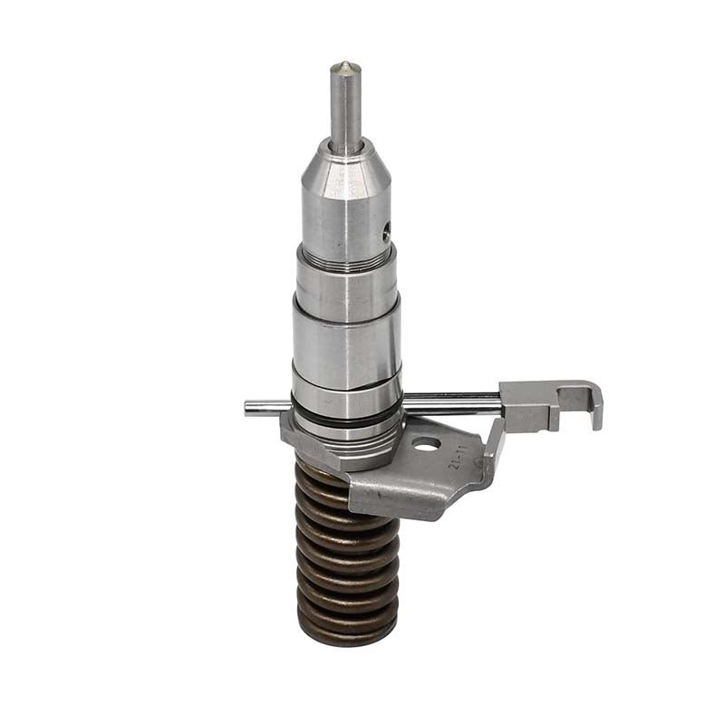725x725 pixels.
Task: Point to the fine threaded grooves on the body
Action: pos(345,259)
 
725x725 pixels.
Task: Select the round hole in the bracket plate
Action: pos(426,444)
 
